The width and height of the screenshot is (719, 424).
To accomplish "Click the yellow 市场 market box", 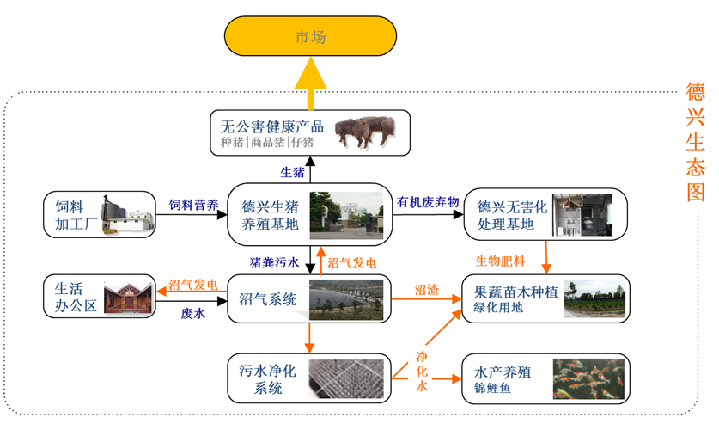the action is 310,36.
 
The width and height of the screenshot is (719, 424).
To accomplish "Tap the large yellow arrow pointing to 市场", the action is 310,83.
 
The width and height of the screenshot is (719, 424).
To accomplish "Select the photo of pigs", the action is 365,132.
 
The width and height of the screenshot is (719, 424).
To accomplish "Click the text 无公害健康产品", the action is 272,126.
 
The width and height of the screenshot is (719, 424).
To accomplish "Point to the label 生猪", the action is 293,173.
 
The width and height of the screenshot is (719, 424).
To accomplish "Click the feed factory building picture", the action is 127,215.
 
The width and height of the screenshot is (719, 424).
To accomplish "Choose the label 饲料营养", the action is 193,205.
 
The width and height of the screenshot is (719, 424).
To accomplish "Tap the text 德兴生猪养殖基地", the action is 270,215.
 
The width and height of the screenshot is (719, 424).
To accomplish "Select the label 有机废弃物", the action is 428,202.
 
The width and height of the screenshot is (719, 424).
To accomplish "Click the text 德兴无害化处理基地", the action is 512,215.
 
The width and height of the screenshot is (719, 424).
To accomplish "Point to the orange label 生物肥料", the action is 500,261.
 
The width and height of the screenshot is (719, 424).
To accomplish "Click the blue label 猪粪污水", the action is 274,262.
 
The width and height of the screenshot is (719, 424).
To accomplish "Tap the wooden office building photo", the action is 128,297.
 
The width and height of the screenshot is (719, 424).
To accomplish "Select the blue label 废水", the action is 193,313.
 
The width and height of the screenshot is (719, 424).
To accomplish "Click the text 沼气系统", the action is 267,299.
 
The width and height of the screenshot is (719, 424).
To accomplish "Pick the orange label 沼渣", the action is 427,290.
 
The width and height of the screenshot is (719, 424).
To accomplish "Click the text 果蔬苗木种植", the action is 516,292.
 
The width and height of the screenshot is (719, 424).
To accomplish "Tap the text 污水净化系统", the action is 267,379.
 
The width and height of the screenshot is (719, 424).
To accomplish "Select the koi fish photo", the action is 588,379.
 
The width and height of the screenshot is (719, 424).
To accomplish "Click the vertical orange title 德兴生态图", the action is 695,142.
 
